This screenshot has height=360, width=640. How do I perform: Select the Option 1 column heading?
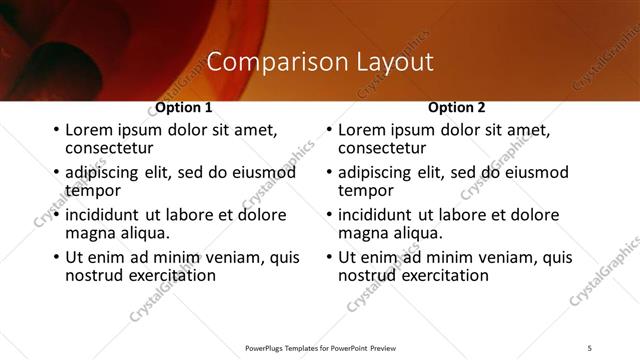pyautogui.click(x=184, y=107)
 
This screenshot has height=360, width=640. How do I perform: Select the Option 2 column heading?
pyautogui.click(x=457, y=107)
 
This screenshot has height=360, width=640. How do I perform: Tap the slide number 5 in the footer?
pyautogui.click(x=590, y=347)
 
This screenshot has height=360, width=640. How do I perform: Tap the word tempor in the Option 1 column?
pyautogui.click(x=93, y=190)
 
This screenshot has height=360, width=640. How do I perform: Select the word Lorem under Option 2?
pyautogui.click(x=363, y=130)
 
